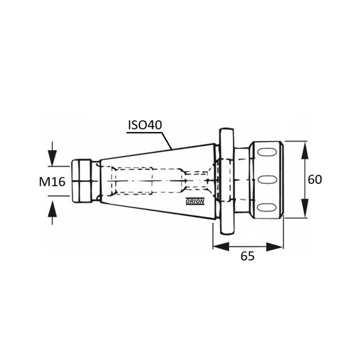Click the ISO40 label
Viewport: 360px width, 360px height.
click(145, 125)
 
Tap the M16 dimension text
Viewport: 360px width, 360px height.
click(52, 181)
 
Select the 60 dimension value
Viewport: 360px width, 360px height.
click(315, 180)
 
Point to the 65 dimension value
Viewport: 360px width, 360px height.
click(248, 256)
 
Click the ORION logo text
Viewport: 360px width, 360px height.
click(195, 202)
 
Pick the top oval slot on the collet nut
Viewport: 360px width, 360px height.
click(267, 152)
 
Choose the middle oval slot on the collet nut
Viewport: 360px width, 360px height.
click(267, 180)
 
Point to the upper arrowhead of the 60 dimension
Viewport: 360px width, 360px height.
click(305, 150)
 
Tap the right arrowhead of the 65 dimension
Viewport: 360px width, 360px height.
click(274, 247)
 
